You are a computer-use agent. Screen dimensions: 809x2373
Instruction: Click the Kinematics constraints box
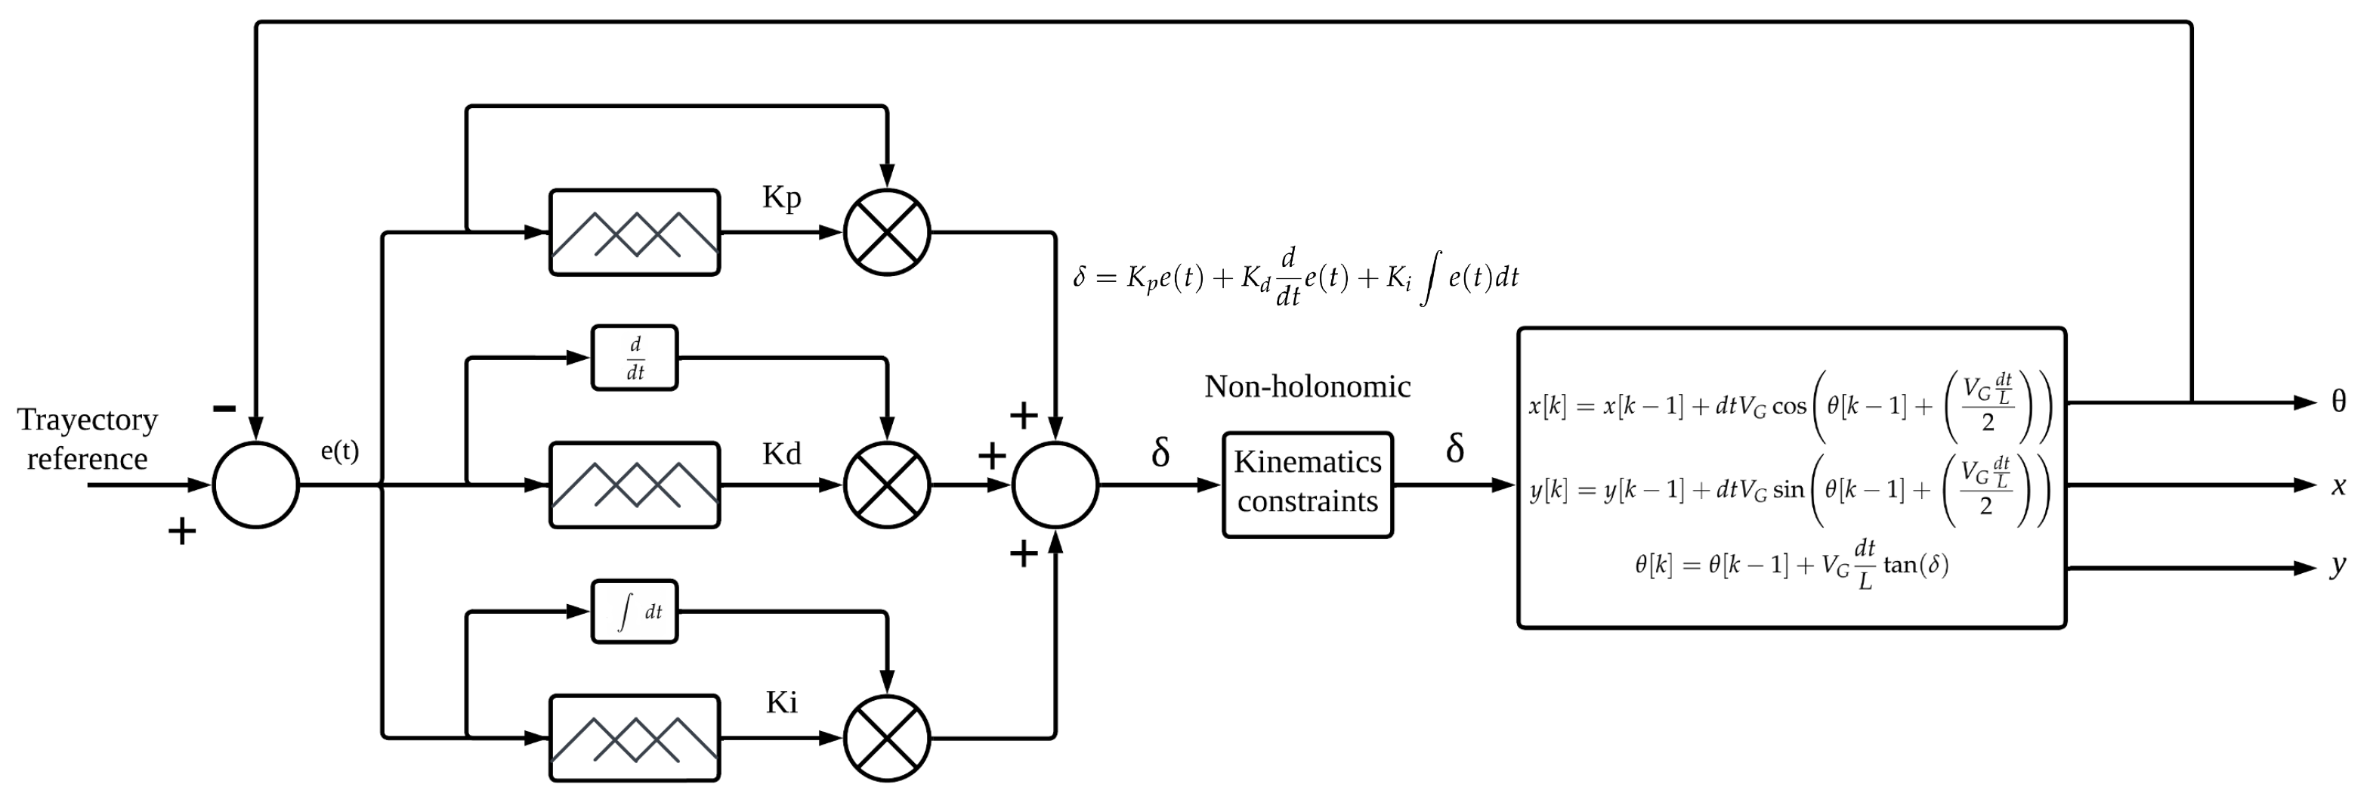point(1306,485)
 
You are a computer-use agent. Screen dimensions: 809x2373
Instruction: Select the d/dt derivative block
point(634,358)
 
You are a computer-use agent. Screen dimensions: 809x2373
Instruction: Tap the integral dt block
point(634,611)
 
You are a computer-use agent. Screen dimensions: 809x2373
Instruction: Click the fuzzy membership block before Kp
point(634,232)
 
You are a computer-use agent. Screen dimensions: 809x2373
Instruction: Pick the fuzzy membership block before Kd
point(634,485)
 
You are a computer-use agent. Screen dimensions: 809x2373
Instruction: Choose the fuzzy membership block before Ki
point(634,738)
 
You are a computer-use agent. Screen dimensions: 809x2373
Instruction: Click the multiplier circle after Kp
point(886,232)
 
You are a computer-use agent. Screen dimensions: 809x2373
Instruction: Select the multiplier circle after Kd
point(886,485)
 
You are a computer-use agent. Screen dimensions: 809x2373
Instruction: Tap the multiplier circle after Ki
point(886,738)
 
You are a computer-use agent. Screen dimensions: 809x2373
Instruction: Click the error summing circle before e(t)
point(256,485)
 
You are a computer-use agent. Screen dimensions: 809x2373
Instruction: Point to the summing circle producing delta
point(1055,485)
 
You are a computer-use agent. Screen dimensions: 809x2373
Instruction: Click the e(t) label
point(339,451)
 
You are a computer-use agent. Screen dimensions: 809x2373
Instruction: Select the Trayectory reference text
point(88,439)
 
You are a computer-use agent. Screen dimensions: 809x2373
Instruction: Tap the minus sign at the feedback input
point(224,408)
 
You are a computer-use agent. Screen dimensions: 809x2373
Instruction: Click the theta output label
point(2338,401)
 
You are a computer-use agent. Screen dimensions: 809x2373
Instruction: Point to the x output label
point(2338,485)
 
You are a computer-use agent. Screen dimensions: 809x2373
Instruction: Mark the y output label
point(2338,565)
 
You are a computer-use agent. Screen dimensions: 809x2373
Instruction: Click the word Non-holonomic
point(1306,386)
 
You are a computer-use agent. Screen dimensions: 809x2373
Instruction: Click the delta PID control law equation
point(1295,277)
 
